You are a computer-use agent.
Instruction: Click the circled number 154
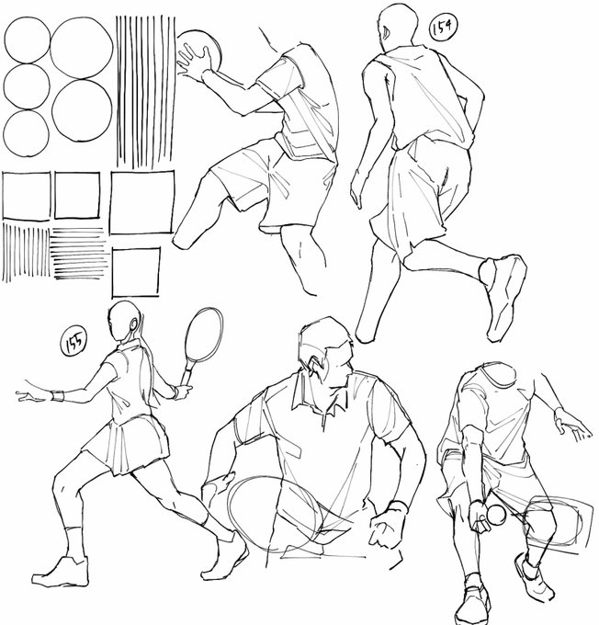[443, 27]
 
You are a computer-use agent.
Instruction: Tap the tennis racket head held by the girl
[204, 335]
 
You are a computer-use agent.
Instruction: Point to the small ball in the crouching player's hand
[497, 514]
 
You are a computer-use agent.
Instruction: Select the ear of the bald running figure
[386, 33]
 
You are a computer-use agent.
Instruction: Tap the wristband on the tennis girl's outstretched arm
[58, 396]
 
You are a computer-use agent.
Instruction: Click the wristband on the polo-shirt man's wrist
[397, 507]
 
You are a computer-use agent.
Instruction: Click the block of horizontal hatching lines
[79, 253]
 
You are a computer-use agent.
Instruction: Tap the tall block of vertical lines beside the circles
[145, 91]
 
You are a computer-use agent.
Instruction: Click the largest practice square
[142, 202]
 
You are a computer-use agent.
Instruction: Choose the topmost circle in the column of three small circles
[27, 40]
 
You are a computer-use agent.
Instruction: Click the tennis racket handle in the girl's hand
[186, 375]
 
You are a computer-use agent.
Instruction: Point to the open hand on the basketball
[194, 62]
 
